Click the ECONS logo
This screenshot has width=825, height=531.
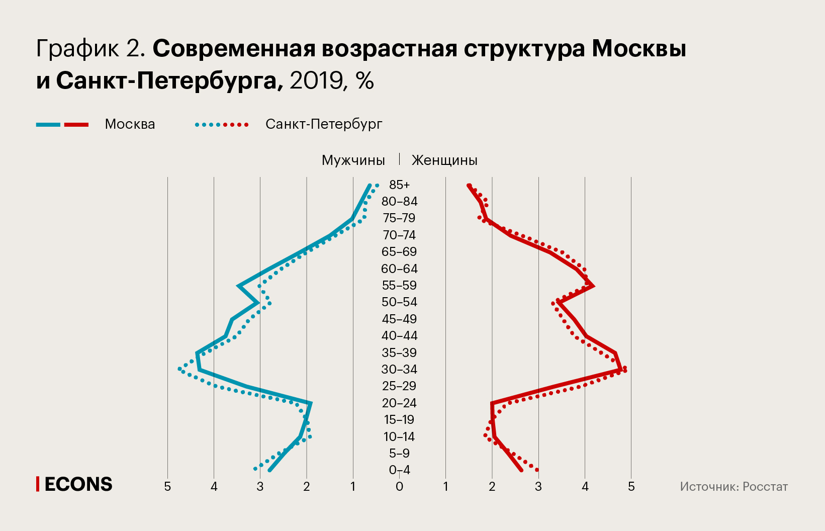[74, 484]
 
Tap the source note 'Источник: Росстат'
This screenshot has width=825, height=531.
[734, 486]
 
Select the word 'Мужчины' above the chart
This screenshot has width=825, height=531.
[353, 160]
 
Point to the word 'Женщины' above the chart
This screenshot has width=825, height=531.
[444, 160]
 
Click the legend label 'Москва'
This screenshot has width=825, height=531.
[130, 124]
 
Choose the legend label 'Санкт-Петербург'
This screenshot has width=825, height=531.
[324, 124]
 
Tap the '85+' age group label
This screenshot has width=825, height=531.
[399, 185]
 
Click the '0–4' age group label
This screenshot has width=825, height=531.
[399, 470]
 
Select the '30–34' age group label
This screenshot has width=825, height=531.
[399, 369]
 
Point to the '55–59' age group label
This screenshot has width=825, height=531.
[399, 285]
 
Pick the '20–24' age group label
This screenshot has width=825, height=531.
[399, 403]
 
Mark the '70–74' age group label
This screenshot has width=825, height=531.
[399, 235]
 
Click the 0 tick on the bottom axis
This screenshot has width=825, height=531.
[399, 487]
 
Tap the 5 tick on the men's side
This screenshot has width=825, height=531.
[167, 487]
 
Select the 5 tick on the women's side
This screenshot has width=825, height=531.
[631, 487]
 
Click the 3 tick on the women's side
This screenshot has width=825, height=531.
[538, 487]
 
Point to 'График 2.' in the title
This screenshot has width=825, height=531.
[91, 49]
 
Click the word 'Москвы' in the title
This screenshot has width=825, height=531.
[638, 49]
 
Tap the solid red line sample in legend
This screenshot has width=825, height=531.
[76, 125]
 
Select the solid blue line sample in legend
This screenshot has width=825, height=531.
[48, 125]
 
